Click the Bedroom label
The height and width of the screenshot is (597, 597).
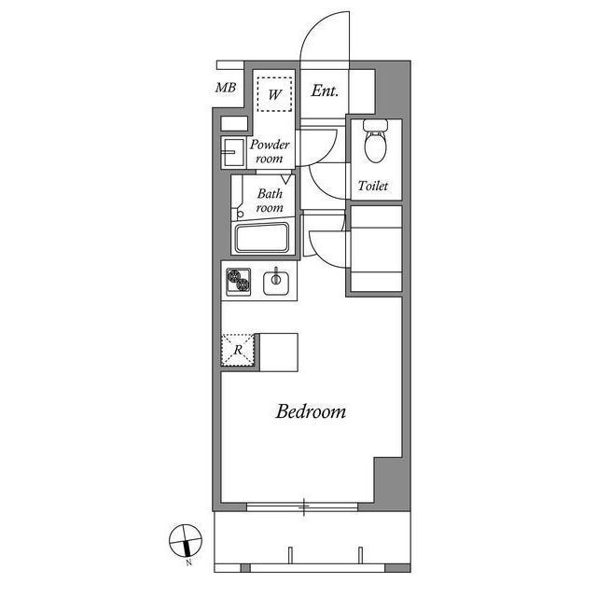click(311, 411)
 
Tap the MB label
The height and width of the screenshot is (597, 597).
click(226, 90)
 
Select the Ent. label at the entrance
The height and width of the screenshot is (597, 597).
click(325, 91)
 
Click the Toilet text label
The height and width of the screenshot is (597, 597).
click(373, 187)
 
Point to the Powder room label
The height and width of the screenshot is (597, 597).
click(271, 152)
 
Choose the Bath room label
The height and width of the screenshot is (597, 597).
click(270, 201)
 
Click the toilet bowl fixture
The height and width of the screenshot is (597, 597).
click(374, 146)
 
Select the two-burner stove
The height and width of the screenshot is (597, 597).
click(239, 280)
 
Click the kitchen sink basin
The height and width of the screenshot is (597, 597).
click(277, 281)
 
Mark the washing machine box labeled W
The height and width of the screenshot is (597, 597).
click(274, 93)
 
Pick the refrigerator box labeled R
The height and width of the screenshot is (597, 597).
click(239, 350)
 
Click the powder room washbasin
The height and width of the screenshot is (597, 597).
click(229, 151)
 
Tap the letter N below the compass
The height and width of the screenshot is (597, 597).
click(188, 563)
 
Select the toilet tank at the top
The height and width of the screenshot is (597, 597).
click(374, 125)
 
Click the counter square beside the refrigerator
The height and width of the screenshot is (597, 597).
click(278, 351)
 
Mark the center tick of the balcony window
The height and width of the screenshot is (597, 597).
click(304, 507)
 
